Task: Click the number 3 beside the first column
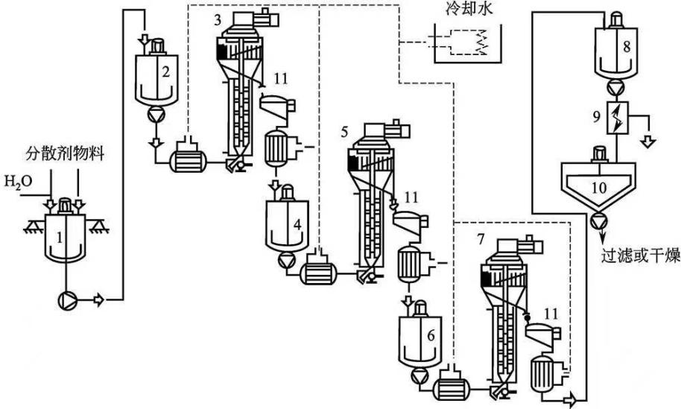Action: [x=216, y=20]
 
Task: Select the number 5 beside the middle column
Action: [x=344, y=131]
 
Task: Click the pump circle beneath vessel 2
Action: [x=156, y=116]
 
